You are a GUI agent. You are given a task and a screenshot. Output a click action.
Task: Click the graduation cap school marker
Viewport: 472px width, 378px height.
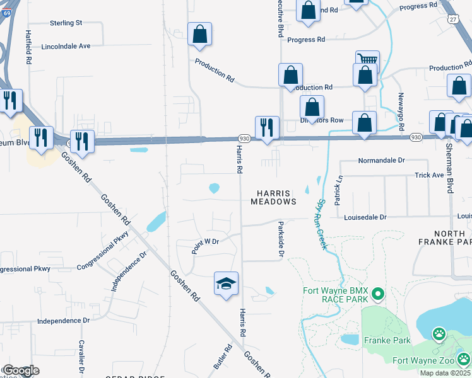point(226,284)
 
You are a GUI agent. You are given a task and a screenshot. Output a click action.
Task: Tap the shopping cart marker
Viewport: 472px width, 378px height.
point(367,60)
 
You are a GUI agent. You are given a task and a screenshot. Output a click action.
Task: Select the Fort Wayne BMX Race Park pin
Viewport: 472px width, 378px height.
point(378,294)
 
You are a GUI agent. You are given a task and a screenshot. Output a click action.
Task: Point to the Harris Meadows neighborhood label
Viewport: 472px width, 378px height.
point(273,197)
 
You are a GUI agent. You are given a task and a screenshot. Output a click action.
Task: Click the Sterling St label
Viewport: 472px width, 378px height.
point(66,23)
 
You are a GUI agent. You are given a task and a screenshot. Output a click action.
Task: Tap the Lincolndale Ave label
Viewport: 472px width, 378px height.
point(66,46)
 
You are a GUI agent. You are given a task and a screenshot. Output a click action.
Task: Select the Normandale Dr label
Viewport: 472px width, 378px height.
point(381,161)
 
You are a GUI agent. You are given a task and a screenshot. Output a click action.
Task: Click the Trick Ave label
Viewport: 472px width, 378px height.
point(430,175)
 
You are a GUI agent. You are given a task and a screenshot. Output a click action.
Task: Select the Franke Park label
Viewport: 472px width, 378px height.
point(387,340)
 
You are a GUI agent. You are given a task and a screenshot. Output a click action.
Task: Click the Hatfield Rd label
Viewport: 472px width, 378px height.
point(28,48)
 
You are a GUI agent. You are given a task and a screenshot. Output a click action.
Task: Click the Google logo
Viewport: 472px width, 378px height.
point(20,370)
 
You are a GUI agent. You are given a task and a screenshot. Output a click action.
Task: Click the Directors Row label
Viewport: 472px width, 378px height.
point(322,120)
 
